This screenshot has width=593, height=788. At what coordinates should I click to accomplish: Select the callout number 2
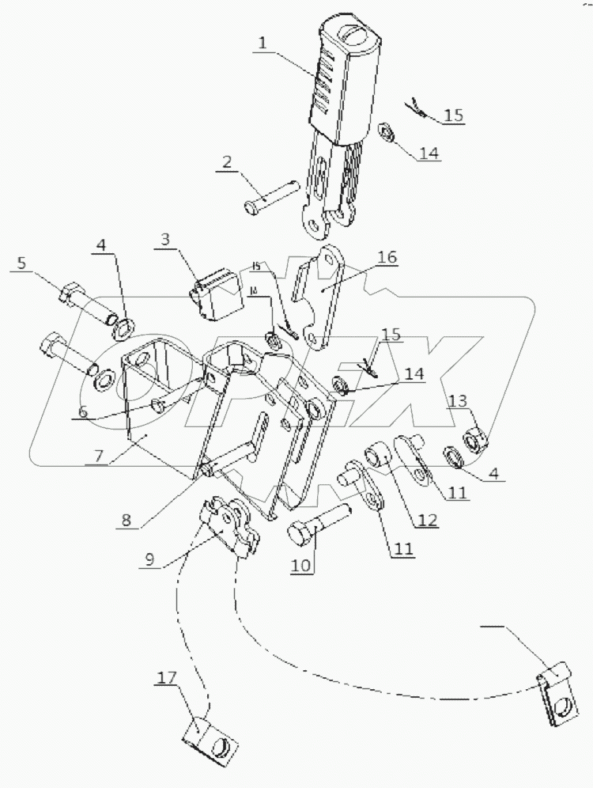tap(228, 164)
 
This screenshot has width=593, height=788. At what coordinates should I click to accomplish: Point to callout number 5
tap(23, 263)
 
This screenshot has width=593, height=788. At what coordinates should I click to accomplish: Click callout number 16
tap(387, 257)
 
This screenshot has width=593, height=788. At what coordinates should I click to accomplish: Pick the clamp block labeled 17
tap(211, 741)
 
